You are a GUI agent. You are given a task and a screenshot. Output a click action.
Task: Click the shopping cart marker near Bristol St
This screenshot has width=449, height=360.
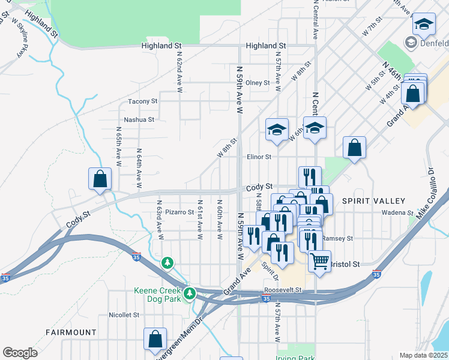[320, 260]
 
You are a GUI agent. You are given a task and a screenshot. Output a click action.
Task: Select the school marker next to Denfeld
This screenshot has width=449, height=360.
[424, 24]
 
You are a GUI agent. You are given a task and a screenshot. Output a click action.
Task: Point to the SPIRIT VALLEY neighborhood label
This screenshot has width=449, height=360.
[373, 200]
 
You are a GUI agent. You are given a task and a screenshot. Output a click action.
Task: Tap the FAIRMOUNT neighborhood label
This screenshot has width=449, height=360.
[71, 332]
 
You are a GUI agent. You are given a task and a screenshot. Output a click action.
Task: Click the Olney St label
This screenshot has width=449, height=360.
[258, 82]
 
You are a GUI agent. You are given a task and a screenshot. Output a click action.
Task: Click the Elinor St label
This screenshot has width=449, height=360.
[259, 157]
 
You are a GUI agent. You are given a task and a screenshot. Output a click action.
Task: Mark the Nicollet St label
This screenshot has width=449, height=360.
[124, 314]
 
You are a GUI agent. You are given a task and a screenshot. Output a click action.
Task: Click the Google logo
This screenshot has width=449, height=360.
[20, 353]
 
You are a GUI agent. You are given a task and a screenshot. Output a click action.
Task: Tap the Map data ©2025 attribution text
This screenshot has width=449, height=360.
[423, 355]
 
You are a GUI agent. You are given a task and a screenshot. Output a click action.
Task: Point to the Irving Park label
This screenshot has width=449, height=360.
[297, 358]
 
